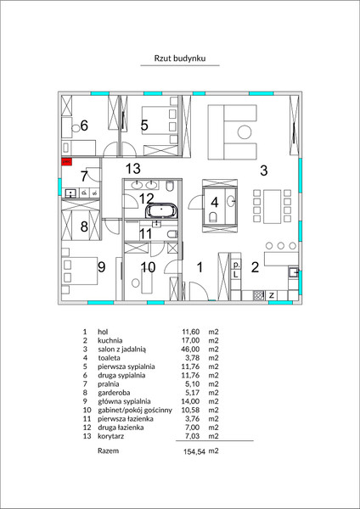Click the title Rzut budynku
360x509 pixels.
pyautogui.click(x=180, y=59)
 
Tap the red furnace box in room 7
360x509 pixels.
pyautogui.click(x=66, y=162)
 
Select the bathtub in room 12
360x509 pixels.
pyautogui.click(x=162, y=211)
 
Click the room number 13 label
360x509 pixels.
pyautogui.click(x=133, y=169)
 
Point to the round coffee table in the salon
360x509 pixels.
pyautogui.click(x=245, y=132)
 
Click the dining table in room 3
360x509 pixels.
pyautogui.click(x=273, y=206)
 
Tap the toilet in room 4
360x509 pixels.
pyautogui.click(x=213, y=217)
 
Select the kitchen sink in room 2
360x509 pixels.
pyautogui.click(x=294, y=271)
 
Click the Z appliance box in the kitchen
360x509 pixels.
pyautogui.click(x=272, y=295)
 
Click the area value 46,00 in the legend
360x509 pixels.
pyautogui.click(x=190, y=350)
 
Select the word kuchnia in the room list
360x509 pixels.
pyautogui.click(x=110, y=340)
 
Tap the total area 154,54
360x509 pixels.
pyautogui.click(x=194, y=451)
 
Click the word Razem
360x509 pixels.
pyautogui.click(x=108, y=450)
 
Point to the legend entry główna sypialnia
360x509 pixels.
pyautogui.click(x=124, y=401)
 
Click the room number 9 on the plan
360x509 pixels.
pyautogui.click(x=102, y=267)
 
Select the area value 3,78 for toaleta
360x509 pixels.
pyautogui.click(x=192, y=358)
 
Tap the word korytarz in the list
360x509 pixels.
pyautogui.click(x=110, y=436)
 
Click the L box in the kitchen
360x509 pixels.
pyautogui.click(x=236, y=275)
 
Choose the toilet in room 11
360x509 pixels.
pyautogui.click(x=173, y=234)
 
